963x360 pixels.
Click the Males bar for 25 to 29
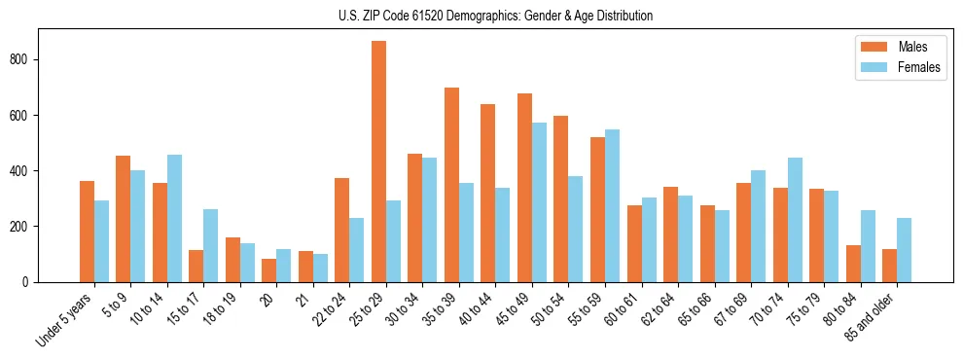[x=378, y=162]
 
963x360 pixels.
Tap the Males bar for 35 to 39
[x=451, y=185]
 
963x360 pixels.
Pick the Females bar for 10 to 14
[x=174, y=218]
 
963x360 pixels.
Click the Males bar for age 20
[x=268, y=270]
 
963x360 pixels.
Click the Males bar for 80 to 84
[x=853, y=264]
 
